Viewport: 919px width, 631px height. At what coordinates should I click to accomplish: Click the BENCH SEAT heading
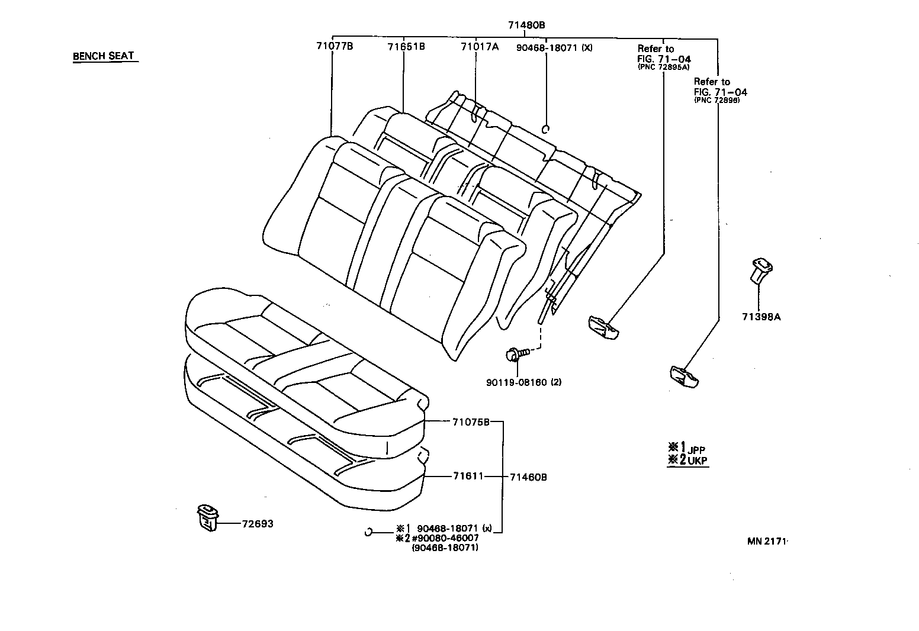[104, 56]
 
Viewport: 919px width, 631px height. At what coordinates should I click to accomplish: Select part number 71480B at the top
[526, 25]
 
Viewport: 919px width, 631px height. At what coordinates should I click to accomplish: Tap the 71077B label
[334, 46]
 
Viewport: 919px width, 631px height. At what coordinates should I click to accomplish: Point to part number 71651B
[406, 46]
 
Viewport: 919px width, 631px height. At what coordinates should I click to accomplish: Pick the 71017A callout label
[479, 46]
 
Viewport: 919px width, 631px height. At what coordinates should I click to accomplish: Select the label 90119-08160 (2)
[523, 382]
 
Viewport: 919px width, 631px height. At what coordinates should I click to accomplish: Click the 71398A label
[761, 317]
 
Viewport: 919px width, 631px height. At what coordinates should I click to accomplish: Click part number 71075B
[471, 422]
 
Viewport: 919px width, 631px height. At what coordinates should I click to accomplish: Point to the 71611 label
[468, 476]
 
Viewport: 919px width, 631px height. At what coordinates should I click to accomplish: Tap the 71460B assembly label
[528, 477]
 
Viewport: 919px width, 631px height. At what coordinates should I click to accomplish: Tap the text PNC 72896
[718, 101]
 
